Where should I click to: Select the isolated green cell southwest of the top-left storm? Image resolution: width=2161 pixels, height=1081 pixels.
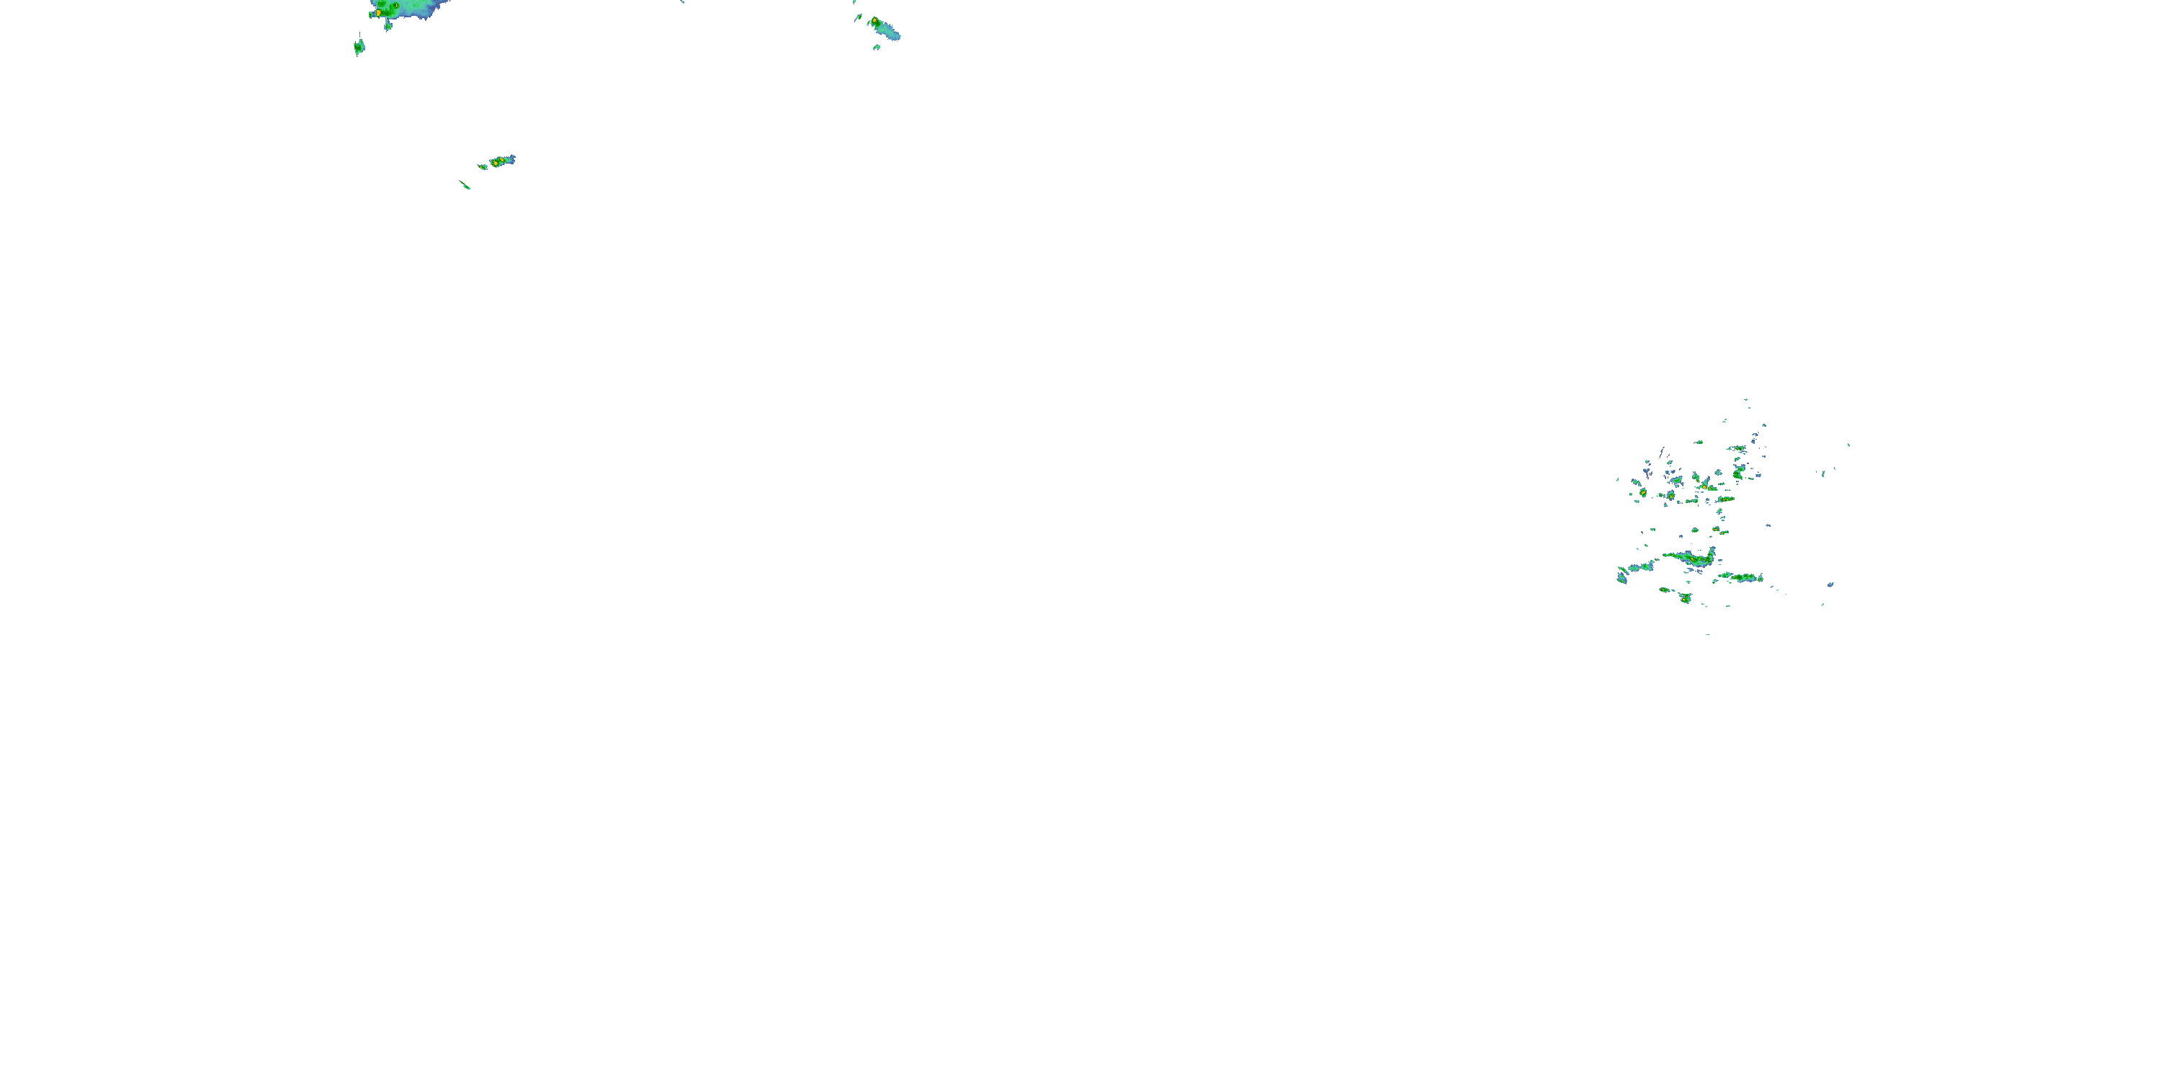[x=359, y=47]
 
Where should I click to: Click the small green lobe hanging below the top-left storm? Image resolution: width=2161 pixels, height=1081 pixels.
[x=388, y=26]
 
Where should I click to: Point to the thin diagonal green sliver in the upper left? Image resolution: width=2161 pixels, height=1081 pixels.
[x=465, y=184]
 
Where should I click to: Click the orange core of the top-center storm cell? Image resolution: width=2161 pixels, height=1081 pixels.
[x=875, y=21]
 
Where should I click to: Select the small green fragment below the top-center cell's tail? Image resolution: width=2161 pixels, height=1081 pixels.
[x=877, y=47]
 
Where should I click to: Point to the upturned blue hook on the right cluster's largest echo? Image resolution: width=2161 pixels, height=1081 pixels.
[x=1712, y=551]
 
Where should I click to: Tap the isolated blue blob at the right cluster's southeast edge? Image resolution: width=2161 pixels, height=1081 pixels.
[x=1830, y=584]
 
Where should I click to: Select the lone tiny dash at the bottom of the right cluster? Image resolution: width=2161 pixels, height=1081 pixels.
[x=1707, y=633]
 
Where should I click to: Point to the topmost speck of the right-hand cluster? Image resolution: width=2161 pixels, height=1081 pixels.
[x=1746, y=399]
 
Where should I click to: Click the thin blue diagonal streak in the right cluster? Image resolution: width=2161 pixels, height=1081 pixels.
[x=1662, y=452]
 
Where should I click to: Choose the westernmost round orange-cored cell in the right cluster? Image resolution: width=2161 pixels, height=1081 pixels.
[x=1642, y=493]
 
